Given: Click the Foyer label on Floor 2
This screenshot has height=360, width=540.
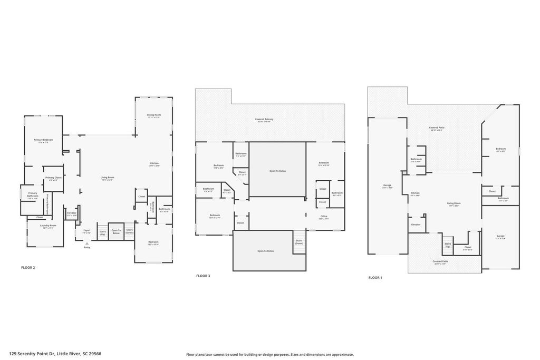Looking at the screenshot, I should (86, 231).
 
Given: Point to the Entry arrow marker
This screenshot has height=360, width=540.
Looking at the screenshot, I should (87, 244).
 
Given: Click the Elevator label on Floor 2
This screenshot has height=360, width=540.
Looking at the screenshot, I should (72, 213).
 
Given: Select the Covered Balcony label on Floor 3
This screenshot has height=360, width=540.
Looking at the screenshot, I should (264, 120).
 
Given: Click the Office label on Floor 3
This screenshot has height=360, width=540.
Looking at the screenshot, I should (324, 217).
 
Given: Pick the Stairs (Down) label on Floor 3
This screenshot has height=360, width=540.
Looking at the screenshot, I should (299, 242).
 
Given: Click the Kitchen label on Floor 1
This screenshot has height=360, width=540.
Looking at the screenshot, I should (416, 193).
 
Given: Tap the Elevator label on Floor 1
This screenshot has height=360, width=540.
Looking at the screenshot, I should (416, 225).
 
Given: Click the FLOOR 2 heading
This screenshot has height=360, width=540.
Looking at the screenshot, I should (28, 268).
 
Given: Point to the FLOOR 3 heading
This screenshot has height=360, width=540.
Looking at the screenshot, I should (203, 276).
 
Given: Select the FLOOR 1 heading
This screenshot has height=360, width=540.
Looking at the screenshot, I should (375, 277).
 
